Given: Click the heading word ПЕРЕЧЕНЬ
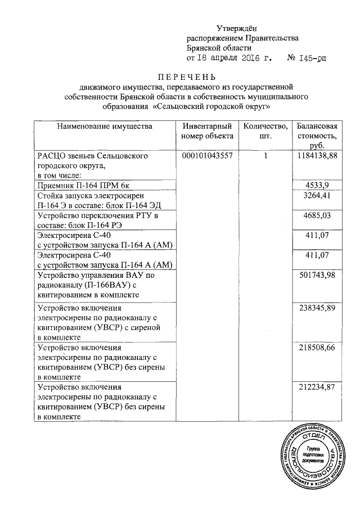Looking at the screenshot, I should point(186,77).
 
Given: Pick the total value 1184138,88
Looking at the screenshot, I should point(317,156).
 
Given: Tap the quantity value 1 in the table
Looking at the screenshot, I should point(264,156).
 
